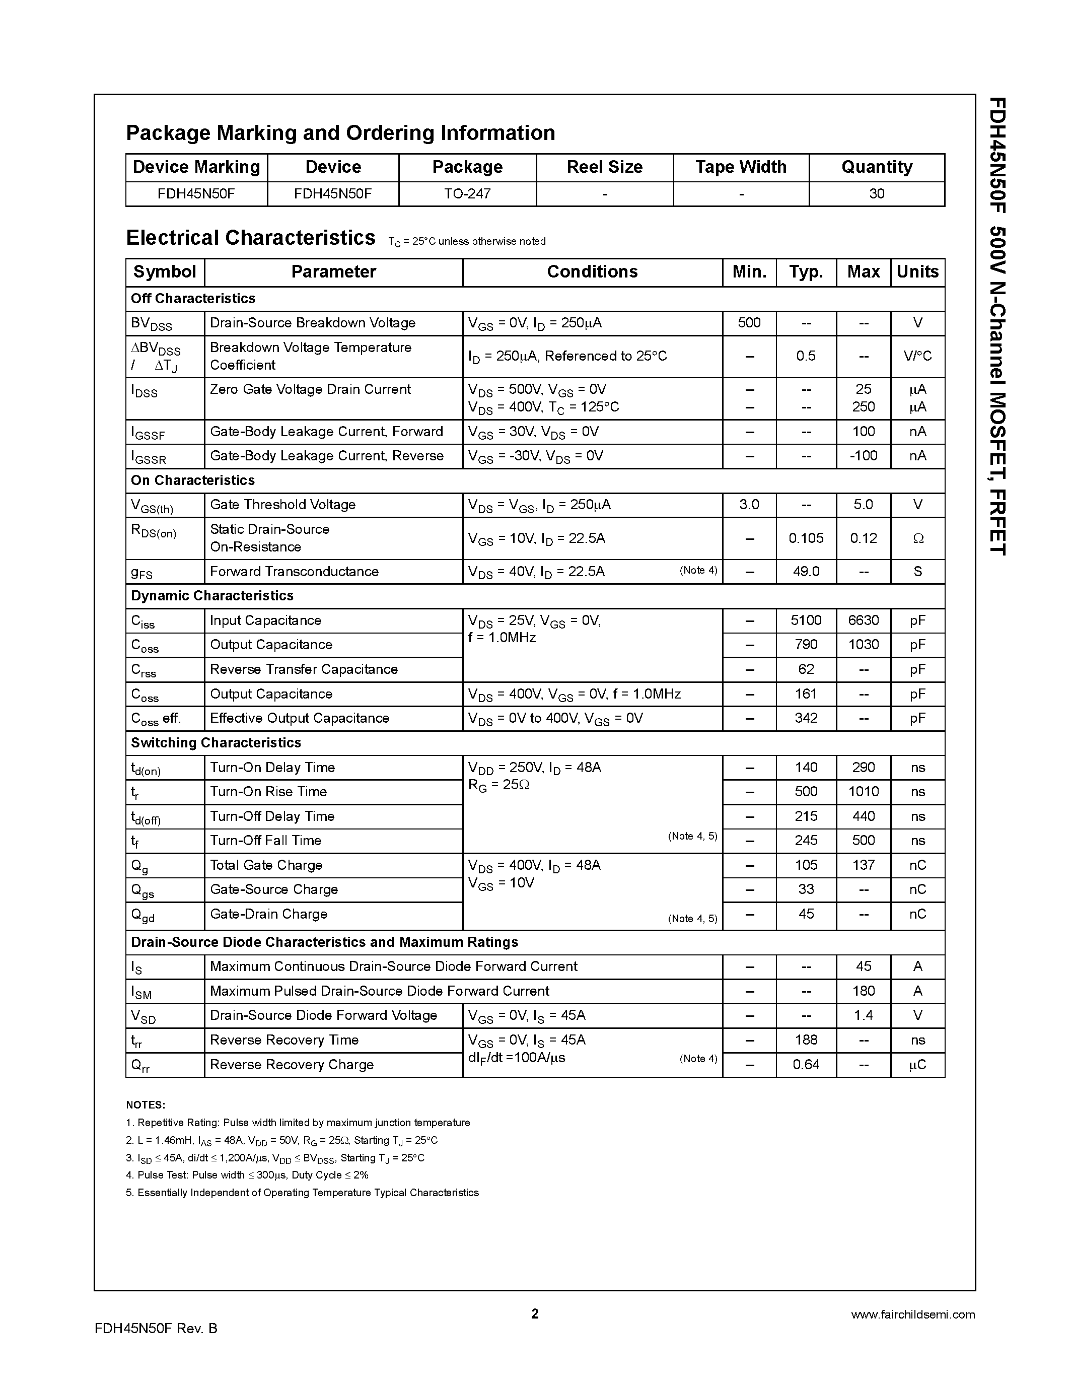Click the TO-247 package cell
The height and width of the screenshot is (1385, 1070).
point(467,194)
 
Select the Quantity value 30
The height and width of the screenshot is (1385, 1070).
point(876,194)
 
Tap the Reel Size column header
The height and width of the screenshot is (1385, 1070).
point(604,167)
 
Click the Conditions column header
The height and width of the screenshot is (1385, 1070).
point(592,272)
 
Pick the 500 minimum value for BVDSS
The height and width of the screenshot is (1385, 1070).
point(749,323)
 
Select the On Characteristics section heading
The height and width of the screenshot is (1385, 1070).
point(193,480)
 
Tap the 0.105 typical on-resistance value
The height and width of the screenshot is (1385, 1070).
point(806,538)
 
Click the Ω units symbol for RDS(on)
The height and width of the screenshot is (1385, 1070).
point(917,539)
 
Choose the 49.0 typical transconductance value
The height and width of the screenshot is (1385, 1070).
point(806,572)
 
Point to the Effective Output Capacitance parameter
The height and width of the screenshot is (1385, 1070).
point(299,719)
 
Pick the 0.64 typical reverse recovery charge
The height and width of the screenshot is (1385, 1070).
point(806,1065)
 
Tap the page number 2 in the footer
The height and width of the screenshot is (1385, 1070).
point(534,1314)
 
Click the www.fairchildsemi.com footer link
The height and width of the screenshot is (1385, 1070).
point(912,1315)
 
